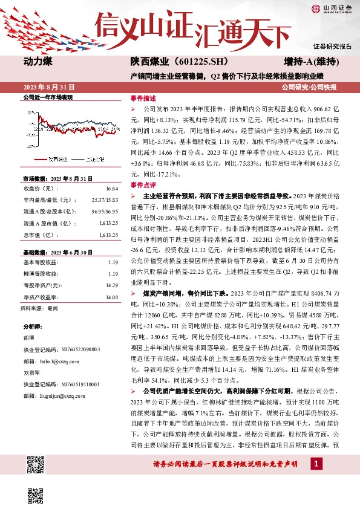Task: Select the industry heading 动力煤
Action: pyautogui.click(x=38, y=62)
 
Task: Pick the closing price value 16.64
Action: pyautogui.click(x=111, y=189)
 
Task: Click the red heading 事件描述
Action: pyautogui.click(x=143, y=98)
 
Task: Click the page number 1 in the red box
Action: pyautogui.click(x=316, y=480)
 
